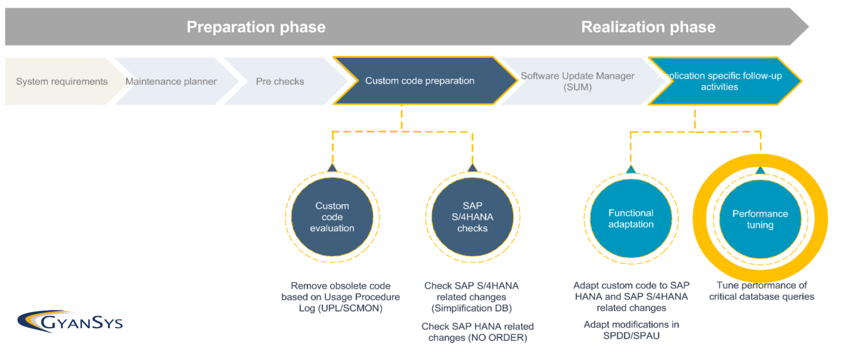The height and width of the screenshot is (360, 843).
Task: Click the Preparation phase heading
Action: point(256,27)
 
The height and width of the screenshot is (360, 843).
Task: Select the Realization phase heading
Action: point(648,27)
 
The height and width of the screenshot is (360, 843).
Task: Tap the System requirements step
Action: point(62,81)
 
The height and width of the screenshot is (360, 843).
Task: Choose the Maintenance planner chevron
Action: point(171,81)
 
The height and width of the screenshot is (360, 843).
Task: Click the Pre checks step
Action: point(280,81)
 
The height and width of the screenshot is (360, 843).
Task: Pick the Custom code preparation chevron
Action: point(419,81)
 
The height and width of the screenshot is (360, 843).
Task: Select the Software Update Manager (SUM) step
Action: point(577,81)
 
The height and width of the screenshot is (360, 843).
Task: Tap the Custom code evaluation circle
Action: point(332,217)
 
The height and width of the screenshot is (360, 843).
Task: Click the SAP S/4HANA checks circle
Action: point(472,217)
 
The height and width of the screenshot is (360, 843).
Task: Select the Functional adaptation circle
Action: point(631,219)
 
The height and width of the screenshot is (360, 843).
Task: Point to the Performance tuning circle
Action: point(760,219)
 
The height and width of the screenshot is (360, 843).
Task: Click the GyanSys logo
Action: point(70,321)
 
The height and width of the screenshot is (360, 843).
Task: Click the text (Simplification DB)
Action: point(471,308)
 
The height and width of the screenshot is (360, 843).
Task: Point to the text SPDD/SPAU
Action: point(631,335)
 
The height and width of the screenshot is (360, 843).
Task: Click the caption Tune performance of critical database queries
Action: point(761,291)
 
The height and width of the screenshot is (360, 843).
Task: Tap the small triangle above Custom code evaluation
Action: point(332,168)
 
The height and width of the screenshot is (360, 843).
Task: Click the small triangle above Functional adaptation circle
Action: point(631,169)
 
